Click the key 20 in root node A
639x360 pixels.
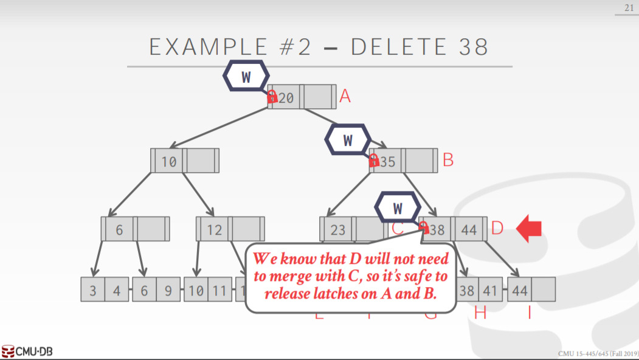(286, 97)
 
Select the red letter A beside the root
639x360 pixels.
(345, 96)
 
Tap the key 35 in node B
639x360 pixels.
(387, 161)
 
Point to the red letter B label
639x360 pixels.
(448, 161)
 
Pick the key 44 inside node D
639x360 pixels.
(469, 229)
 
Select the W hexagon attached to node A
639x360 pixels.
(246, 77)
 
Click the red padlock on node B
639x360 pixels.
(374, 161)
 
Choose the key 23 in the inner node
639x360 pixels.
(338, 229)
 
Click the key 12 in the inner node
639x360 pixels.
(214, 229)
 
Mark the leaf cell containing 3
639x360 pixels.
(93, 290)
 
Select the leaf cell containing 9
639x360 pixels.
(168, 290)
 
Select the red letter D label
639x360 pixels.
(497, 229)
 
